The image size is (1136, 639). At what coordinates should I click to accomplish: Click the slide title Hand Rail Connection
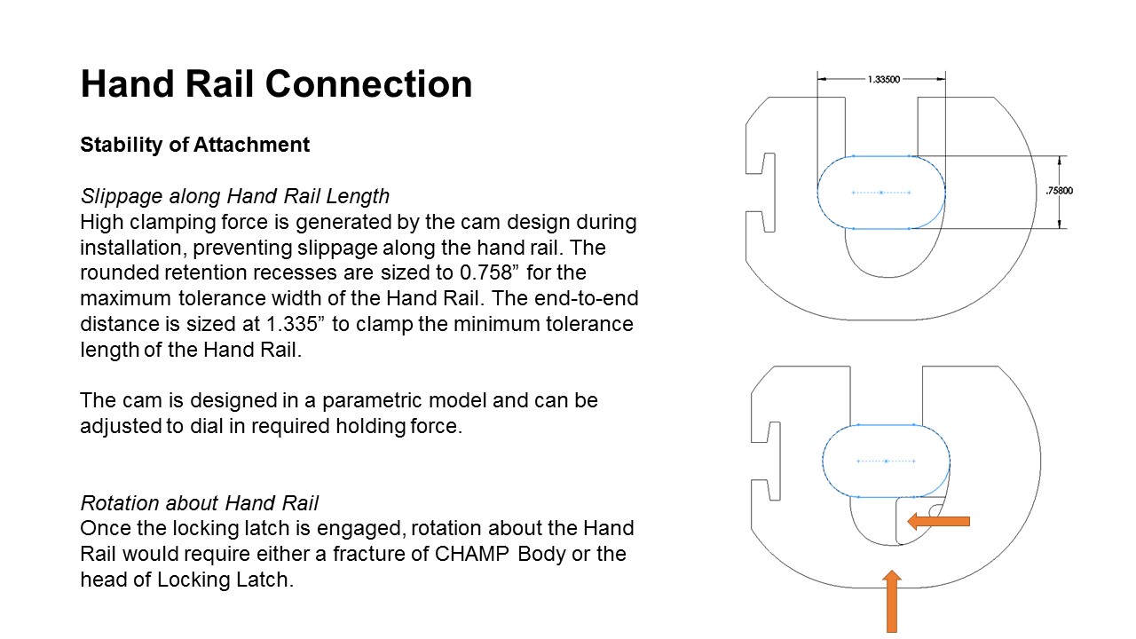click(x=276, y=83)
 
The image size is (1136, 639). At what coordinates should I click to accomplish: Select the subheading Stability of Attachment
click(x=194, y=145)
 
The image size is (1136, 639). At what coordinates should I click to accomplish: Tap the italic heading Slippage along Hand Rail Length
click(x=235, y=196)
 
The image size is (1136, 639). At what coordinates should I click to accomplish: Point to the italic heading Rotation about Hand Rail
click(x=200, y=503)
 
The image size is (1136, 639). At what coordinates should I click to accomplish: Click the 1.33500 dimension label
click(x=884, y=79)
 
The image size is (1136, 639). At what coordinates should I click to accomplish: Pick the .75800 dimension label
click(x=1060, y=191)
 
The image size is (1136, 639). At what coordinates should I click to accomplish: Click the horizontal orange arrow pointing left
click(x=938, y=521)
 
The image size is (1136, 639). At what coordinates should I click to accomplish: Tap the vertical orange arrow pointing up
click(x=892, y=602)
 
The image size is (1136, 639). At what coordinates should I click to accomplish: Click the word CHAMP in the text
click(x=471, y=555)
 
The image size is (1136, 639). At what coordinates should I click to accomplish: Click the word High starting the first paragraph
click(x=100, y=222)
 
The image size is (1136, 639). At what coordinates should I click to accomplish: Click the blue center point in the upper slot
click(x=881, y=193)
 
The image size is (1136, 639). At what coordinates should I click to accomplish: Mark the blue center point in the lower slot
click(x=886, y=461)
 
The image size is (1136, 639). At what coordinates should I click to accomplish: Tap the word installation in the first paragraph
click(x=133, y=248)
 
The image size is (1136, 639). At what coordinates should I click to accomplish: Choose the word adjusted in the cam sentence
click(x=121, y=426)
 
